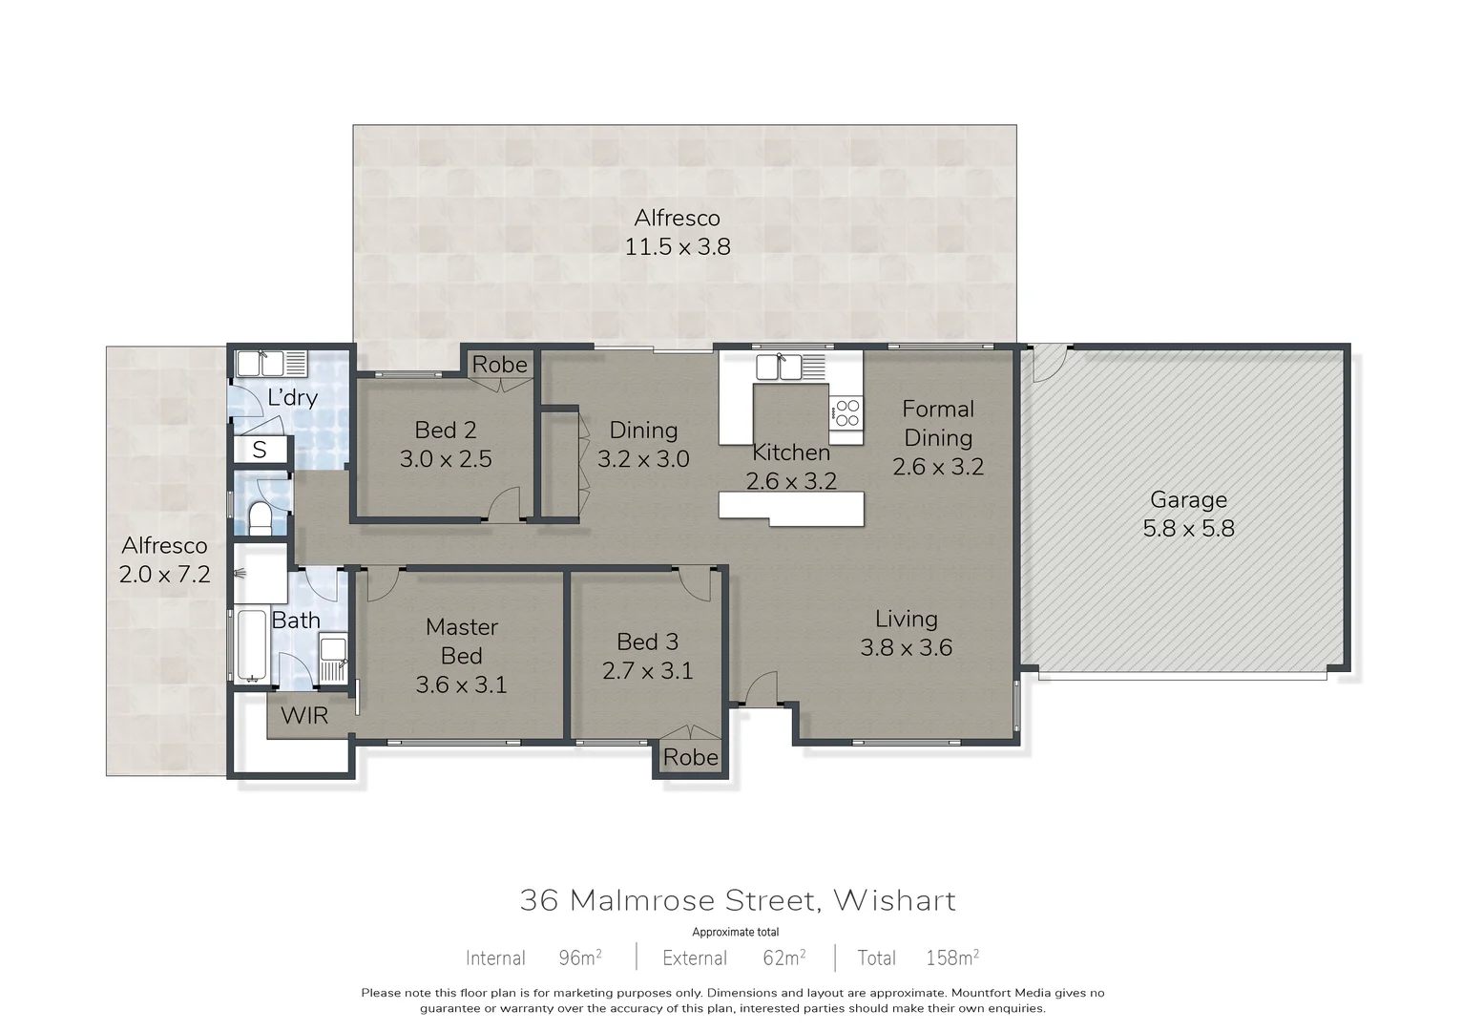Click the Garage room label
(x=1188, y=499)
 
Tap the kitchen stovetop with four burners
(x=846, y=412)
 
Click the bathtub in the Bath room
(x=252, y=646)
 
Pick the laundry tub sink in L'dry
(x=261, y=364)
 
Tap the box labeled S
(x=260, y=449)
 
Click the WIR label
(x=304, y=715)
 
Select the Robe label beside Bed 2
(x=499, y=365)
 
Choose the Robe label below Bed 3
(x=690, y=757)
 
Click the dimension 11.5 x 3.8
(x=678, y=246)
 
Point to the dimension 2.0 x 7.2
(x=164, y=574)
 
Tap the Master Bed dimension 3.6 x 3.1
(x=461, y=684)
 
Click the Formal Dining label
(x=938, y=423)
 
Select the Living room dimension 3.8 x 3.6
(x=906, y=647)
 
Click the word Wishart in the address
(x=894, y=900)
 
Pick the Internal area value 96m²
(x=579, y=957)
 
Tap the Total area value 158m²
(x=951, y=957)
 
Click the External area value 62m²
(x=783, y=957)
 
